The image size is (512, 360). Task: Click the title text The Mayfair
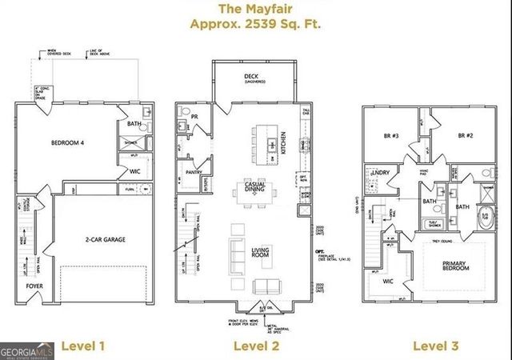pos(257,10)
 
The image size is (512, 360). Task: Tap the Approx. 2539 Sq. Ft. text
pos(257,25)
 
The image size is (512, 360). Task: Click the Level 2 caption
pos(255,346)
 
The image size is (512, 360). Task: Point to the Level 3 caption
pos(436,346)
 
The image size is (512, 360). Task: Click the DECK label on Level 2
pos(256,77)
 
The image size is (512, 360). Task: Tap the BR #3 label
pos(392,136)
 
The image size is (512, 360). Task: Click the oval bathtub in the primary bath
pos(485,217)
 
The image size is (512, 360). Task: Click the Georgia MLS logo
pos(27,350)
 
